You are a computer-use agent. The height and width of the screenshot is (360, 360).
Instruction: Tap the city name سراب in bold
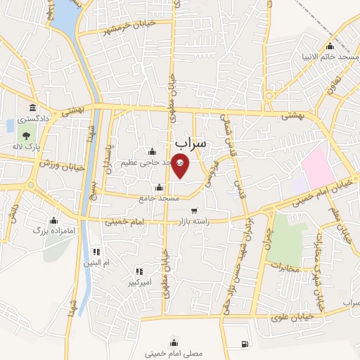pyautogui.click(x=191, y=143)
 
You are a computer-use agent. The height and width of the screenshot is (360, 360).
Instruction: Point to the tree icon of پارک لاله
pyautogui.click(x=26, y=136)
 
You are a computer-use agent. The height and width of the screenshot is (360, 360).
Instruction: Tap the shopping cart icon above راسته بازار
pyautogui.click(x=193, y=211)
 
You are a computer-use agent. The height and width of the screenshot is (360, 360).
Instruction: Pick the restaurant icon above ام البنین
pyautogui.click(x=96, y=252)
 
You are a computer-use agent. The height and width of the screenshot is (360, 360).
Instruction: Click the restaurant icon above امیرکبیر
pyautogui.click(x=139, y=271)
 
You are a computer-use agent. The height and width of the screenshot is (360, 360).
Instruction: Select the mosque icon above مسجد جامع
pyautogui.click(x=159, y=188)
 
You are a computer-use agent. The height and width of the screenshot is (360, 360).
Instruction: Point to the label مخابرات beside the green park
pyautogui.click(x=285, y=268)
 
